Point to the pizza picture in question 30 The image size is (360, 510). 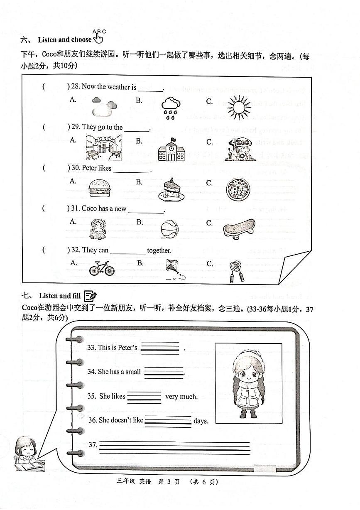tap(238, 190)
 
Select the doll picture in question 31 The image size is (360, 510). tap(99, 229)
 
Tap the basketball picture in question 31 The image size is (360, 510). tap(169, 229)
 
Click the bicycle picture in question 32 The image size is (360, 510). tap(101, 268)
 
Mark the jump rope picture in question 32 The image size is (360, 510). tap(235, 271)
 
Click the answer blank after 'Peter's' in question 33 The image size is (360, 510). tap(160, 348)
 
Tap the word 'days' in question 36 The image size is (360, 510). tap(201, 421)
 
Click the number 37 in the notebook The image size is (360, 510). tap(93, 445)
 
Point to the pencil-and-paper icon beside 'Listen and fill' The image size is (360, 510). tap(90, 296)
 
